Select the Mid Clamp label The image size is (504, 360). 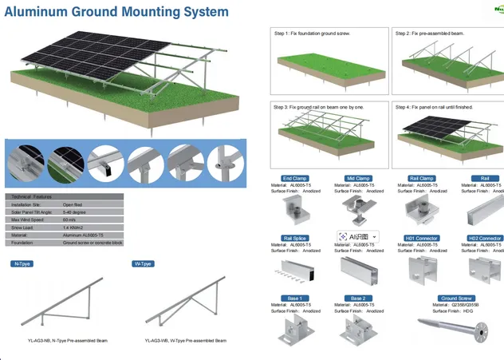point(358,178)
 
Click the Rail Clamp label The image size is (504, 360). point(420,178)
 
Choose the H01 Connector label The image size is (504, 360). point(420,238)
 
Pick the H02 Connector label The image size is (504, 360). point(484,238)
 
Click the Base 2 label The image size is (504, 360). point(358,299)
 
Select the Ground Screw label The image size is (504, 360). point(456,299)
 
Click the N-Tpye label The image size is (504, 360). point(22,263)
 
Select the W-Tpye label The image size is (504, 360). point(142,263)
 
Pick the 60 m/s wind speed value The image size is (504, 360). point(69,220)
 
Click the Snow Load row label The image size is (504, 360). point(22,227)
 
